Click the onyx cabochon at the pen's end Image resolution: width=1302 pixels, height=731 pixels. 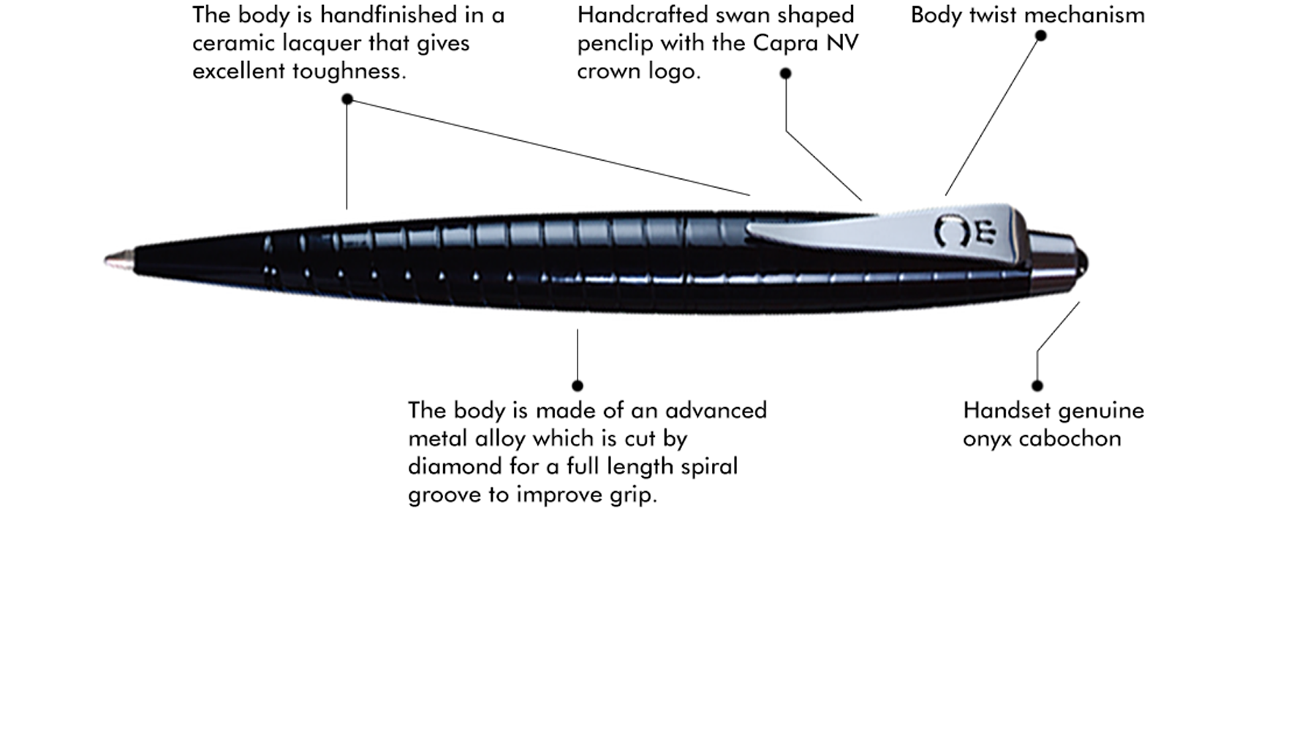click(1081, 262)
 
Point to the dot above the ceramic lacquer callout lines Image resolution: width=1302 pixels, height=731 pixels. click(347, 99)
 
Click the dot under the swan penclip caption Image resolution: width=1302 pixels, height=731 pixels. click(785, 73)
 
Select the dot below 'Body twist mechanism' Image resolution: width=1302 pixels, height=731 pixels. click(1040, 35)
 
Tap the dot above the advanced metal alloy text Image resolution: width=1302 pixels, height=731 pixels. click(578, 385)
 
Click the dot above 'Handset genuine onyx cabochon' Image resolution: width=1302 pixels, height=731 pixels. click(1037, 385)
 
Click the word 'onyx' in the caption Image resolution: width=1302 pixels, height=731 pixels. click(987, 439)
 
